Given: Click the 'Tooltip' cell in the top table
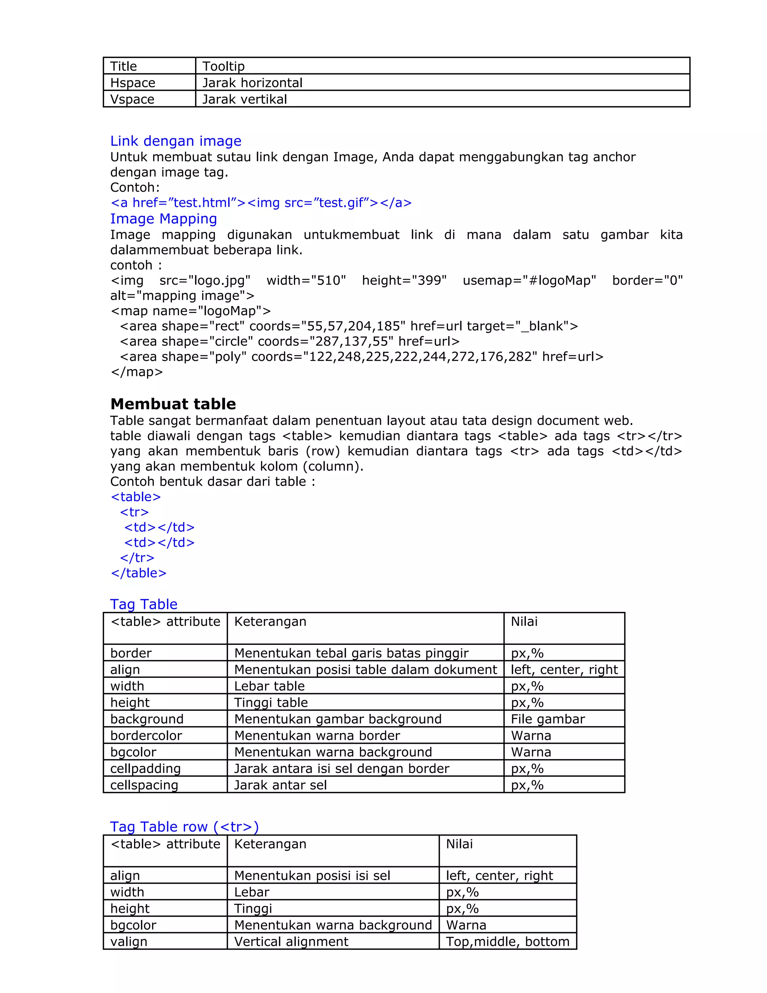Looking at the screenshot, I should [x=223, y=66].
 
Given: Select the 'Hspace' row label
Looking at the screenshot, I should [x=133, y=83].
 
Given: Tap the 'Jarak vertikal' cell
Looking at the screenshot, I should [x=245, y=99].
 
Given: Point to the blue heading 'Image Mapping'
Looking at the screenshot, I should [x=164, y=219].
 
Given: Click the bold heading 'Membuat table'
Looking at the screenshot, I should [x=173, y=404].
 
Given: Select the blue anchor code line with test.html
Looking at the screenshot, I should [x=261, y=203].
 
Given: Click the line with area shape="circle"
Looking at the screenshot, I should [x=289, y=341].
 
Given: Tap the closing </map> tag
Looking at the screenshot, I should [x=136, y=372].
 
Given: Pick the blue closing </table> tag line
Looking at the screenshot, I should [x=139, y=573].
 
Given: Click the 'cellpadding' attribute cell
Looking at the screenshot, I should [x=145, y=769].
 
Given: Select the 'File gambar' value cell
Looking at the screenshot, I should [x=548, y=719].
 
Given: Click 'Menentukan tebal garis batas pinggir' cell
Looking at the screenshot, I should [x=351, y=653].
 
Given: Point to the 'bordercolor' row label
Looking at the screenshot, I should [x=146, y=735].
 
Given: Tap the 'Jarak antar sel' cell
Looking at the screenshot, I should [x=281, y=785].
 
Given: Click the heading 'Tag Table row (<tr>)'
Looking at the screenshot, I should [x=184, y=827].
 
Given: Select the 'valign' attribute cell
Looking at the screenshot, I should [x=128, y=941].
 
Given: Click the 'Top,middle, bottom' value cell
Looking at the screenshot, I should [x=507, y=941].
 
